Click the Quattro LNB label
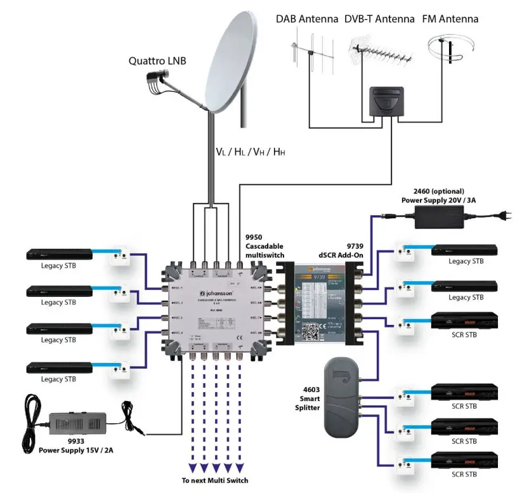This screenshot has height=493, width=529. (x=159, y=62)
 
